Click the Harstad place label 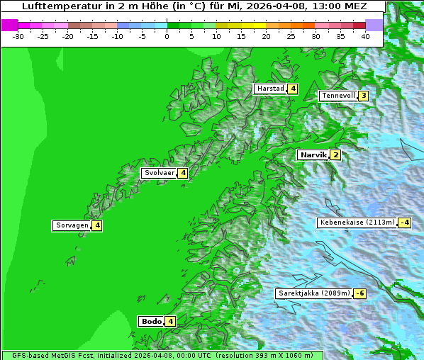coord(270,89)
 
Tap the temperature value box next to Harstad coord(292,89)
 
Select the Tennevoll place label coord(337,96)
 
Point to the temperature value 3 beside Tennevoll coord(363,96)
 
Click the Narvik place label coord(313,155)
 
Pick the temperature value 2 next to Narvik coord(335,155)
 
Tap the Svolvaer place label coord(160,173)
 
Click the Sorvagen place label coord(72,225)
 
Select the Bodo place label coord(152,321)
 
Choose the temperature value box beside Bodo coord(171,321)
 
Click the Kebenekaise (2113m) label coord(357,223)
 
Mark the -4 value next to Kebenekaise coord(404,223)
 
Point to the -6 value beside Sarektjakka coord(360,293)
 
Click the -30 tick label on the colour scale coord(19,36)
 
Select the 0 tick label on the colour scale coord(167,36)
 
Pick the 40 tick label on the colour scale coord(365,36)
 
